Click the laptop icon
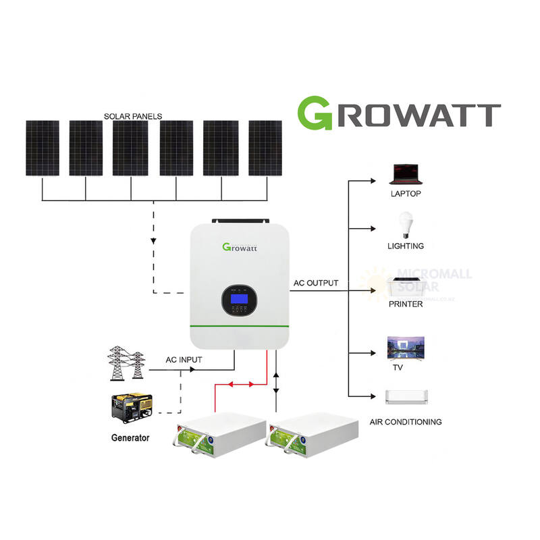(405, 175)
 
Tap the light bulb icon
(406, 224)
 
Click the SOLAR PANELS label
(133, 116)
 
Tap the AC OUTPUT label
(315, 283)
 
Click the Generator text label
(130, 438)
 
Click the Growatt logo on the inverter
(240, 247)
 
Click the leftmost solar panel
(43, 148)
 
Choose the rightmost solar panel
(265, 148)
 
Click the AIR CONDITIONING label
(405, 422)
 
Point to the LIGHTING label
(406, 246)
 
